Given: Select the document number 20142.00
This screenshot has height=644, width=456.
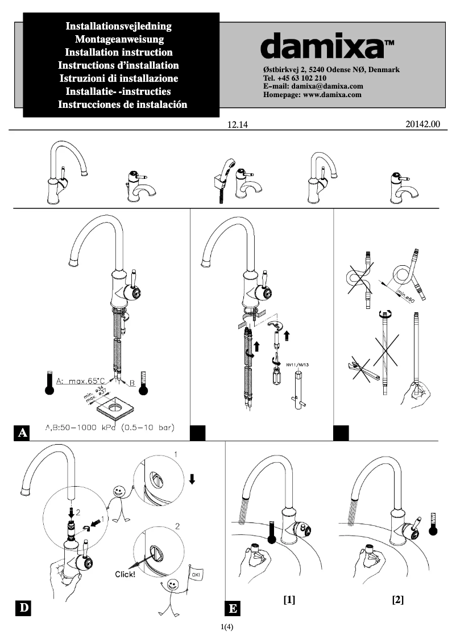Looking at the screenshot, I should (424, 124).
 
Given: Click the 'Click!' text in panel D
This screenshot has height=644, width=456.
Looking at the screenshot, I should (125, 575).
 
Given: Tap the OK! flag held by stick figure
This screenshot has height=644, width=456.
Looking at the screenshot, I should (197, 576).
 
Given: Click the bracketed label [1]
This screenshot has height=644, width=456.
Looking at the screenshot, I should (289, 600).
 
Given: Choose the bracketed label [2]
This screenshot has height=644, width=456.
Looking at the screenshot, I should (397, 600).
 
